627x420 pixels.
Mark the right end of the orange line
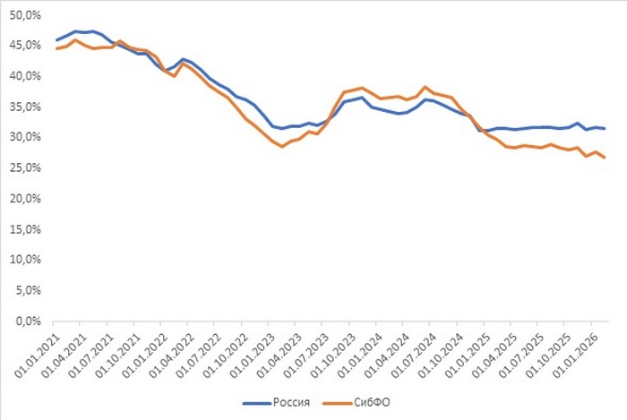pos(605,158)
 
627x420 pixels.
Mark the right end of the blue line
pos(605,128)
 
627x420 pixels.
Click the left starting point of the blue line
pos(56,40)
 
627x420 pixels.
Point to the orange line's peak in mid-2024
pos(425,87)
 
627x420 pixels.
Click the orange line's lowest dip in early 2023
pos(282,146)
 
